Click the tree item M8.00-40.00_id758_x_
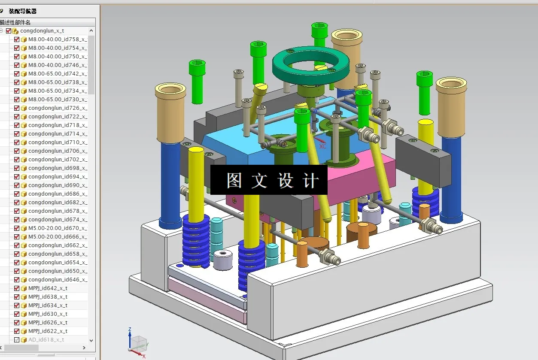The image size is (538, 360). click(x=57, y=39)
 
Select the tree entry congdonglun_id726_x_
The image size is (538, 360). click(x=57, y=108)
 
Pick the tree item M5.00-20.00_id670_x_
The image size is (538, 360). click(x=57, y=228)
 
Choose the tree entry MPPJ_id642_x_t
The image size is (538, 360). click(x=48, y=288)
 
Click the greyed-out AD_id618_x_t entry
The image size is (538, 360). click(x=46, y=340)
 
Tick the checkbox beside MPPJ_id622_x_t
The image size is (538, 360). click(x=17, y=331)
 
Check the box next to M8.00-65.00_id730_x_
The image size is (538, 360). click(x=17, y=100)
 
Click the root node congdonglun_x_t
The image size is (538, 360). click(x=42, y=31)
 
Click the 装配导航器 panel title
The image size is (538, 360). click(x=23, y=11)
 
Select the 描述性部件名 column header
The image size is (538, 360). click(x=15, y=22)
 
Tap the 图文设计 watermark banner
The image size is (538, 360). click(x=269, y=180)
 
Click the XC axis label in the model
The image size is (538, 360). click(x=323, y=146)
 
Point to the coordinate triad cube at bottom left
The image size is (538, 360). click(x=138, y=344)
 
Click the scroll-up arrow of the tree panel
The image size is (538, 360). click(x=91, y=31)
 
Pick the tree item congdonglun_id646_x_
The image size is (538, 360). click(x=57, y=280)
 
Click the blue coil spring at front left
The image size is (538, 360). click(x=196, y=240)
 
